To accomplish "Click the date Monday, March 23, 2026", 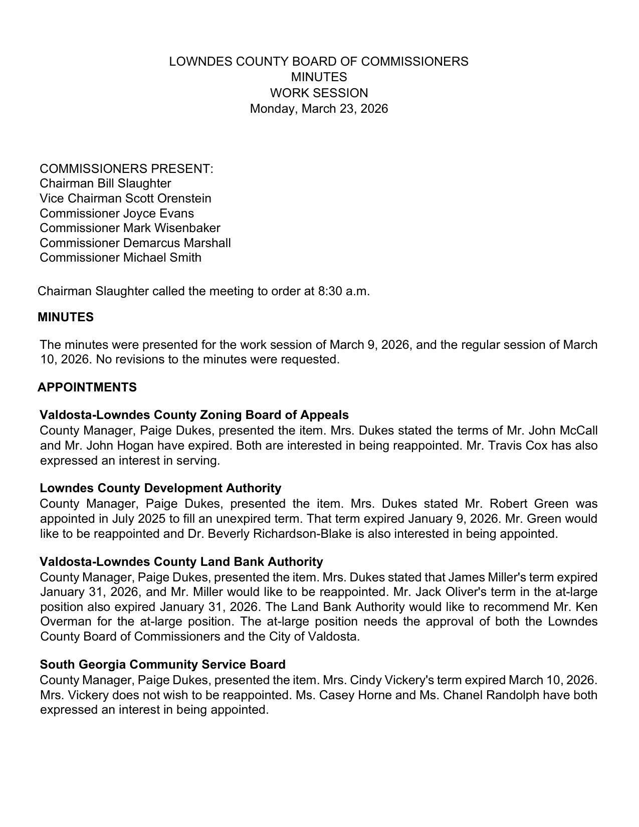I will tap(319, 109).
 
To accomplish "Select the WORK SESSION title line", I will tap(319, 93).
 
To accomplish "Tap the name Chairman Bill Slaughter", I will tap(105, 183).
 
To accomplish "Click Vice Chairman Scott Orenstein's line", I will tap(125, 198).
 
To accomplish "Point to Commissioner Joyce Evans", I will tap(117, 214).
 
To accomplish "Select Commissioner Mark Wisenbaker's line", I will tap(130, 228).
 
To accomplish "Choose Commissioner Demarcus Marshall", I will tap(135, 243).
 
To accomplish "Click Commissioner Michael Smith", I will tap(120, 258).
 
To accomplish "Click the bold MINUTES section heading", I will tap(66, 317).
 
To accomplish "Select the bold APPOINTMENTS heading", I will tap(87, 387).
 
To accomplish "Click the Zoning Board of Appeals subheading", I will tap(194, 415).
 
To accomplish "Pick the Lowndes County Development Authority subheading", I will tap(160, 488).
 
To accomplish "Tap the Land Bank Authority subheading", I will tap(181, 561).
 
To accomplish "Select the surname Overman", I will tap(66, 622).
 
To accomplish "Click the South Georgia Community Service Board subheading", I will tap(162, 665).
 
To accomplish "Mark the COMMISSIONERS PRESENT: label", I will tap(126, 169).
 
